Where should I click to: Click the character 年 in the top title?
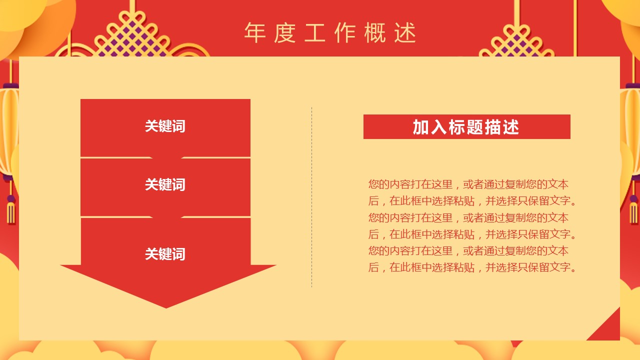(x=255, y=33)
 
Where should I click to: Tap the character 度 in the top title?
(x=285, y=33)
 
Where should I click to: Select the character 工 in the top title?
(x=315, y=33)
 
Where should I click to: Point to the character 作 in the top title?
(x=345, y=33)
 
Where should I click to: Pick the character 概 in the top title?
(x=375, y=33)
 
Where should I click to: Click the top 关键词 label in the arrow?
(x=165, y=126)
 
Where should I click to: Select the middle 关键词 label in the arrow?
(x=165, y=184)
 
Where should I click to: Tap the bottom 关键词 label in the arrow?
(x=165, y=253)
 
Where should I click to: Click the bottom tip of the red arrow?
(x=166, y=308)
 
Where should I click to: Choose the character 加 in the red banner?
(x=421, y=127)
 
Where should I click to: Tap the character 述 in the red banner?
(x=511, y=127)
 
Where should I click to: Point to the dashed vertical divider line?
(x=311, y=197)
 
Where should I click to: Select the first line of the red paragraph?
(x=468, y=184)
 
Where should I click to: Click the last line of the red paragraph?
(x=472, y=267)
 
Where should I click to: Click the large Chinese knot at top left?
(x=132, y=37)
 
